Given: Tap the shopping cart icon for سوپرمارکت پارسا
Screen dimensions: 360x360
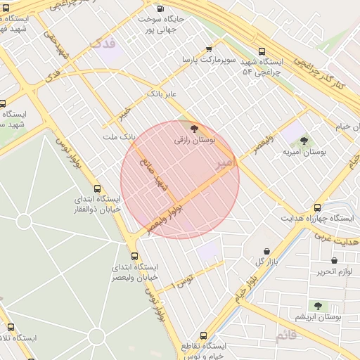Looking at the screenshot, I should pyautogui.click(x=209, y=49).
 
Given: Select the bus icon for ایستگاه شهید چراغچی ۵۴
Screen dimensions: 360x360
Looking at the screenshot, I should pyautogui.click(x=262, y=51).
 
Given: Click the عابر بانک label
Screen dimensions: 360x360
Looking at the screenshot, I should pyautogui.click(x=162, y=94).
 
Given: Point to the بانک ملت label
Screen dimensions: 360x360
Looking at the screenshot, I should pyautogui.click(x=118, y=136).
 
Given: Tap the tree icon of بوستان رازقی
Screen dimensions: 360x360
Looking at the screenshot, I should pyautogui.click(x=195, y=129).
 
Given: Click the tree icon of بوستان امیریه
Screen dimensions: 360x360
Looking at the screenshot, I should pyautogui.click(x=304, y=140).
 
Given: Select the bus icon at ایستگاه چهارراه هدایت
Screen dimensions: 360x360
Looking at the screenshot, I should pyautogui.click(x=318, y=207).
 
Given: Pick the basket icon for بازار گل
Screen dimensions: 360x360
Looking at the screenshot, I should pyautogui.click(x=266, y=251).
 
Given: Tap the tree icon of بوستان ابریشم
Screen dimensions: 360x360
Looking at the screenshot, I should pyautogui.click(x=318, y=306).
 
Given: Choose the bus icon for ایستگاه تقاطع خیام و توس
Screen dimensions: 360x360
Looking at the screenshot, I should pyautogui.click(x=203, y=336).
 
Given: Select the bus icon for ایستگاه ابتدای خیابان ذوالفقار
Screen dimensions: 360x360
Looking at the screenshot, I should pyautogui.click(x=97, y=188).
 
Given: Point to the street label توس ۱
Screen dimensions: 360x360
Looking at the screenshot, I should pyautogui.click(x=184, y=282).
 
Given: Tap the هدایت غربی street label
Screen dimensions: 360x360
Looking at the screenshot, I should pyautogui.click(x=340, y=241).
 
